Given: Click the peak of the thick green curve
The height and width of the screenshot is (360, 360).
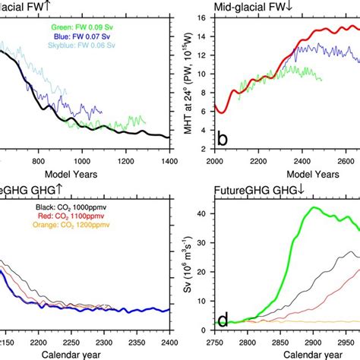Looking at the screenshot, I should click(305, 206).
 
